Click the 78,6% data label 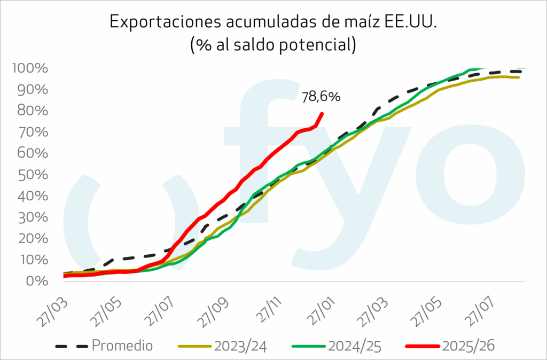coord(321,97)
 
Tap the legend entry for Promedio coord(122,346)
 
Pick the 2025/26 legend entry coord(468,346)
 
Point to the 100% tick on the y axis coord(34,69)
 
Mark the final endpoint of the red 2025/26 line coord(322,113)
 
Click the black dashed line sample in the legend coord(71,346)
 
